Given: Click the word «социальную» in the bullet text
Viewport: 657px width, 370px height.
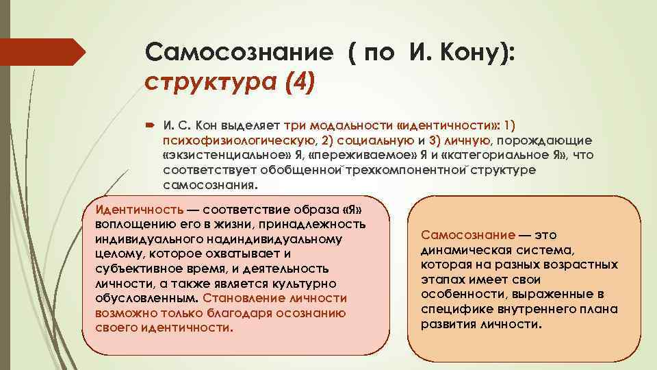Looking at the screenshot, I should (x=348, y=140).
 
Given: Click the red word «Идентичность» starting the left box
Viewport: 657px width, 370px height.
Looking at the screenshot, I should (x=140, y=209).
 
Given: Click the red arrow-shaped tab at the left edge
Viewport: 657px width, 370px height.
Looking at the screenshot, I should (x=41, y=52).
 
